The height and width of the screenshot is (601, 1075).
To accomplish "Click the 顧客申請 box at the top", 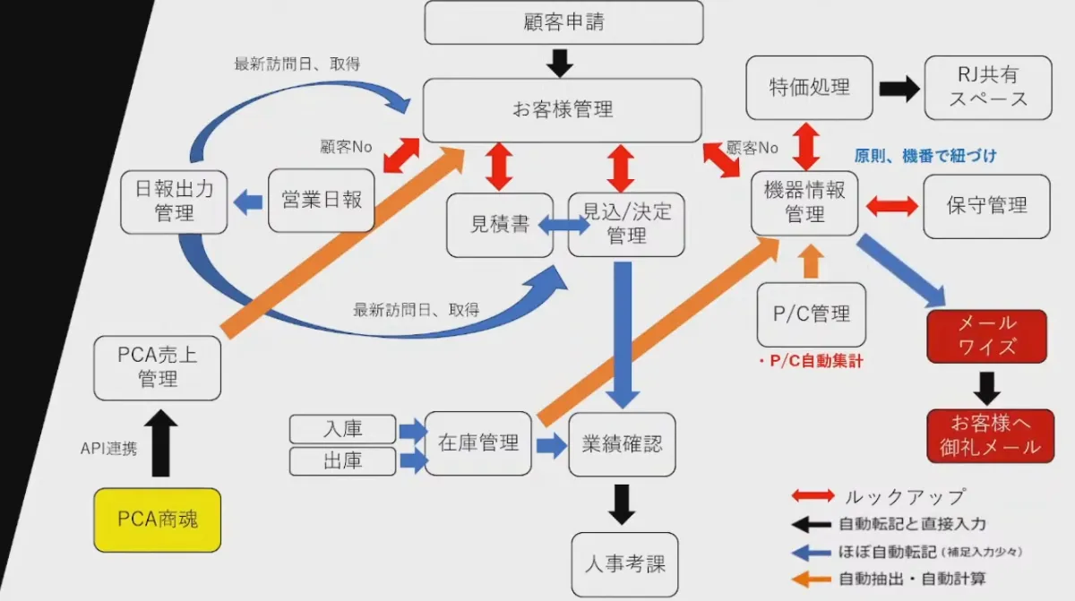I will click(x=563, y=22).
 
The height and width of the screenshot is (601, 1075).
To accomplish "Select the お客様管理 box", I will click(x=562, y=110).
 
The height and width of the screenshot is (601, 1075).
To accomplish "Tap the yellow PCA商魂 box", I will click(x=157, y=519).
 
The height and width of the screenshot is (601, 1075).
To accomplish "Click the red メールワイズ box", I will click(x=986, y=335).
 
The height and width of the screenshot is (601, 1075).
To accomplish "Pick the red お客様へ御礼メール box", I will click(x=986, y=435).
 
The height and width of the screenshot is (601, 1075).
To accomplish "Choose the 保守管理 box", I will click(x=986, y=206).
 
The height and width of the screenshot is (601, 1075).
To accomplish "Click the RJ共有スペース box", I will click(x=988, y=87).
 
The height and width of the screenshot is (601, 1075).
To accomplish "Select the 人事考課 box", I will click(x=624, y=565).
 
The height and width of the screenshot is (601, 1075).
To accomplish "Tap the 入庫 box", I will click(x=342, y=429).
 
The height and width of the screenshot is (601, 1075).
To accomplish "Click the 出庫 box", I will click(x=342, y=461).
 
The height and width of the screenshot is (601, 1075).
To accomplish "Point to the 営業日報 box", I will click(x=321, y=200).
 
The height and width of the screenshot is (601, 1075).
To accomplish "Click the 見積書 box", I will click(x=499, y=225).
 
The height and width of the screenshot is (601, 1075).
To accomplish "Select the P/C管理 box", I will click(x=811, y=314).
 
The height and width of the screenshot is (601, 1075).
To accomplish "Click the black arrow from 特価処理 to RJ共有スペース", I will click(x=899, y=88).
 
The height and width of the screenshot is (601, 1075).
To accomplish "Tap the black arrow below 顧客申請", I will click(x=560, y=62).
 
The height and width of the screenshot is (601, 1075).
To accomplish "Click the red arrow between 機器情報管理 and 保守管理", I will click(x=891, y=206).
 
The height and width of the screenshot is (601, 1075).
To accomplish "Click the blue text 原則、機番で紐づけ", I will click(x=924, y=156).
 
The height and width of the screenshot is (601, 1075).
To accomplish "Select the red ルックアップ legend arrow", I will click(x=813, y=496).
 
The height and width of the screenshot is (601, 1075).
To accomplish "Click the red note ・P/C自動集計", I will click(x=810, y=361).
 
